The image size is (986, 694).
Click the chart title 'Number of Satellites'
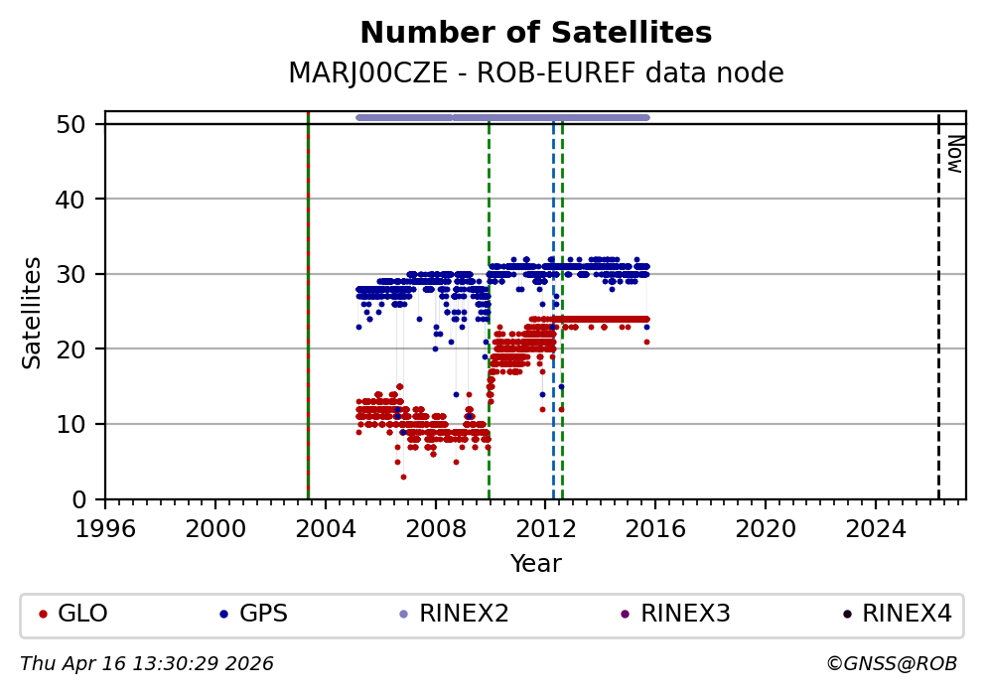[535, 33]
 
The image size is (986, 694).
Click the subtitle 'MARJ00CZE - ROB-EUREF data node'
[535, 73]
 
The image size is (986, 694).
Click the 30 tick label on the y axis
[81, 274]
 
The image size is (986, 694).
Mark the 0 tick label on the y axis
[87, 499]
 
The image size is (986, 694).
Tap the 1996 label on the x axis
[106, 525]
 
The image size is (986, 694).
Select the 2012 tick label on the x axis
[546, 525]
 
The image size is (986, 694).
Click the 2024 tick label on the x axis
[876, 525]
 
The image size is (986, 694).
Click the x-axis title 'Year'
[535, 564]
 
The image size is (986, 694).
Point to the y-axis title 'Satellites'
[33, 312]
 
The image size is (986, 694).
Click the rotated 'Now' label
[953, 154]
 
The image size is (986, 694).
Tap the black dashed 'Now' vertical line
[938, 318]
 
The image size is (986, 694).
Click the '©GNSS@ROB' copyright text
[891, 663]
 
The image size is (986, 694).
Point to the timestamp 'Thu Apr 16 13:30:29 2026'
[147, 663]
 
